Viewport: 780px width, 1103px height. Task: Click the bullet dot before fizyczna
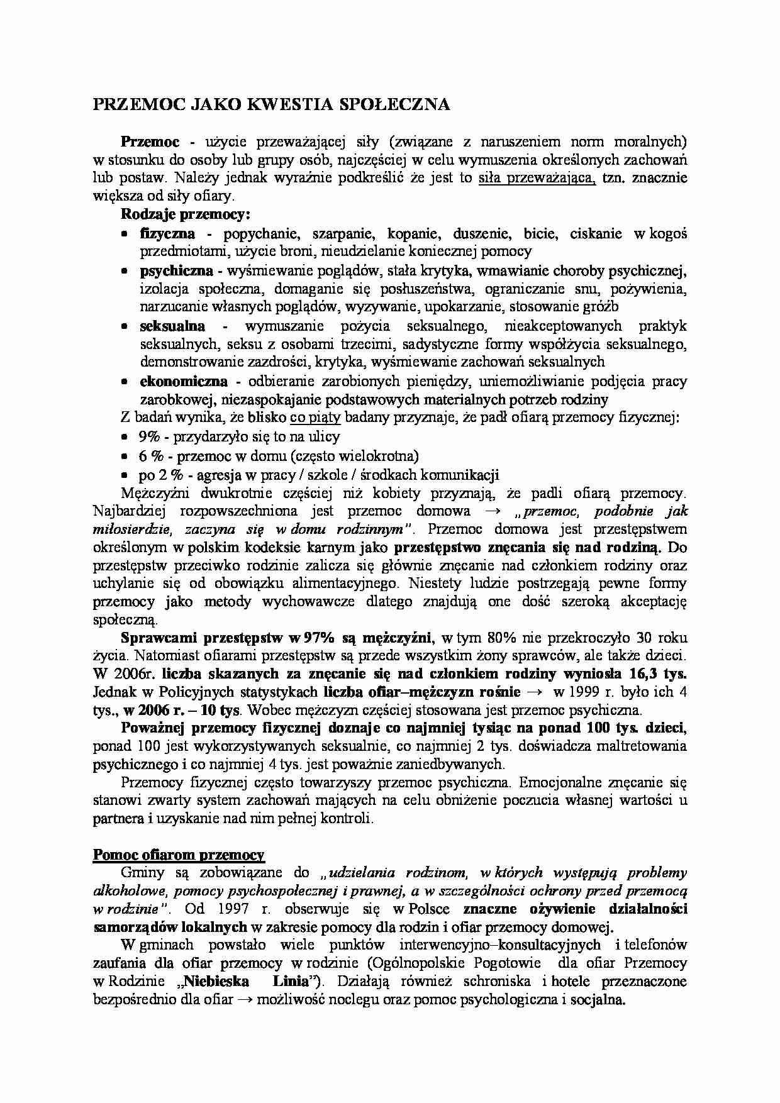click(125, 234)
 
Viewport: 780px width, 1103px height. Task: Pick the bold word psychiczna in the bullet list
click(176, 271)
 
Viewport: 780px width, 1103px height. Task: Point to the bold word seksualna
click(172, 326)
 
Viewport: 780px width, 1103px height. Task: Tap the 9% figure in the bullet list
click(150, 436)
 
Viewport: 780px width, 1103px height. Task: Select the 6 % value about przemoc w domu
click(151, 455)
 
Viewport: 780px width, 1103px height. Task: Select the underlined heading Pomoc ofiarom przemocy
click(179, 855)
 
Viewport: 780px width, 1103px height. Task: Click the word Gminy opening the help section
click(142, 872)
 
